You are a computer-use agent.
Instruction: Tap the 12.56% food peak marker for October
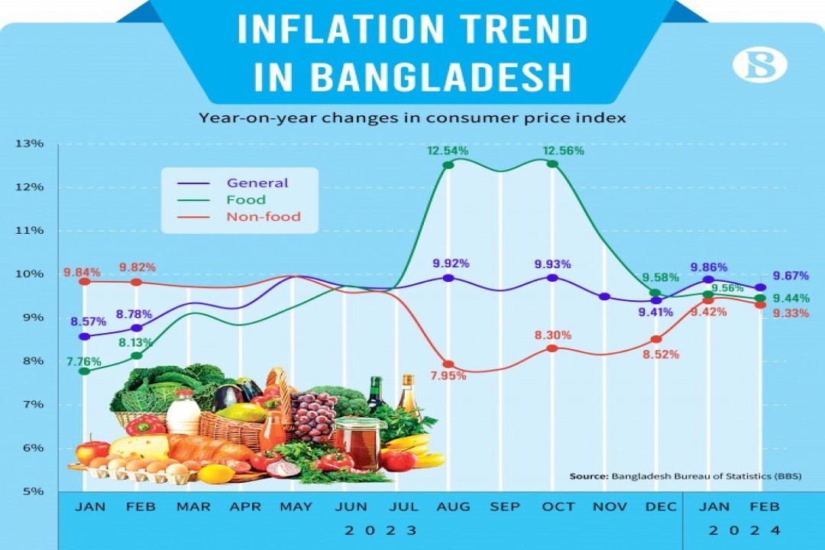[552, 164]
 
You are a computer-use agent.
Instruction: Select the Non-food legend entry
[263, 217]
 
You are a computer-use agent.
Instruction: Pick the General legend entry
[257, 183]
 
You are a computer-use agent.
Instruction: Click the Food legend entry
[246, 200]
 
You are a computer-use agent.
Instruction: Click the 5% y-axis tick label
[32, 491]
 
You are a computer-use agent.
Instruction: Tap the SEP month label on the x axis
[505, 507]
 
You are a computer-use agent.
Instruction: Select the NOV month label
[610, 507]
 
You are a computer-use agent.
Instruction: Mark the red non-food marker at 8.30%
[552, 348]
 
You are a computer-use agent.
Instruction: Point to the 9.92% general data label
[451, 264]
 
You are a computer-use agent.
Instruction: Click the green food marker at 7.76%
[85, 371]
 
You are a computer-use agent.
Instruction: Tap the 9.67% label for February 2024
[790, 276]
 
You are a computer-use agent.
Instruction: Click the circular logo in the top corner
[759, 66]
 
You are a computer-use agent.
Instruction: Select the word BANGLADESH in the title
[441, 76]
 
